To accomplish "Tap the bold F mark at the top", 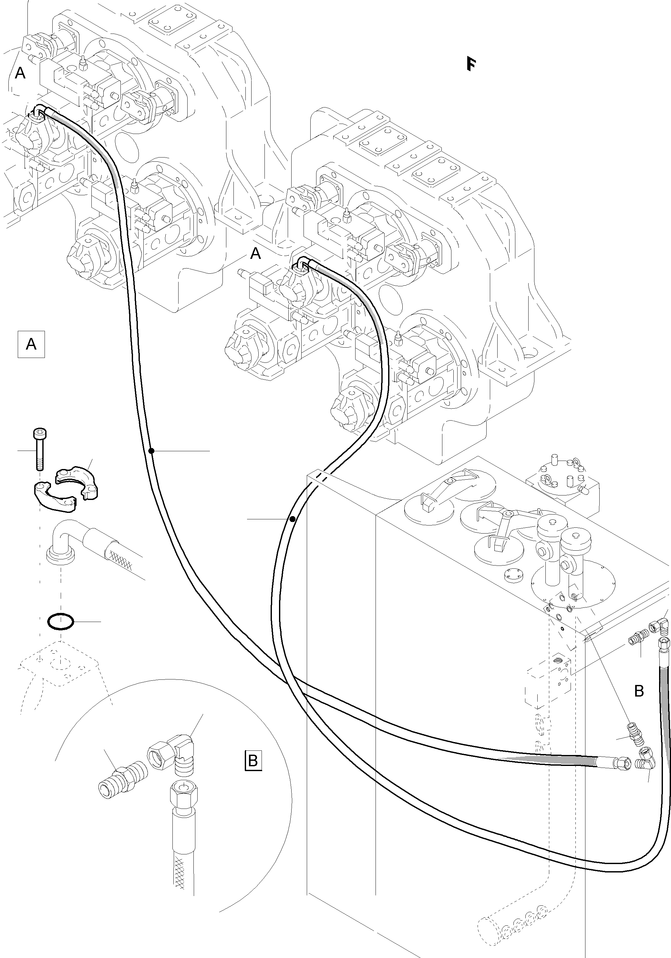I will click(471, 64).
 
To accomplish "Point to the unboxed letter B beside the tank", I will click(639, 691).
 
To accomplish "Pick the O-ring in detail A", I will click(61, 622).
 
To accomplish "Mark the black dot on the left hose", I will click(151, 451).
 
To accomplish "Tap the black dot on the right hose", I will click(293, 519).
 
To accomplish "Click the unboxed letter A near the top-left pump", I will click(20, 74).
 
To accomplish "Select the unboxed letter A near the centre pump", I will click(255, 253).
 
